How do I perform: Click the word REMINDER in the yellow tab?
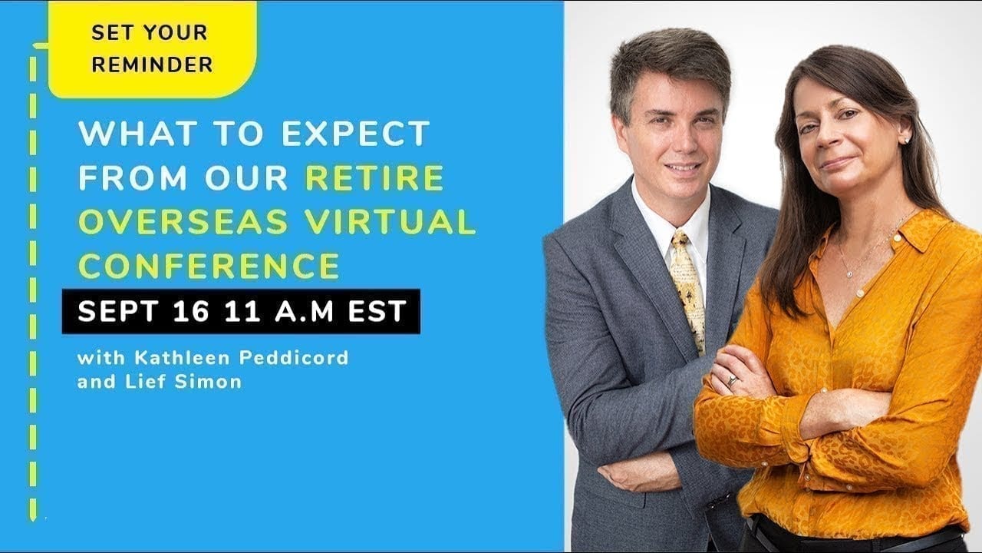[152, 65]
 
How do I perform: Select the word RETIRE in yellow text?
[374, 178]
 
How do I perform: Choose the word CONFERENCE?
[209, 266]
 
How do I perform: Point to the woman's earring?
[907, 140]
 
